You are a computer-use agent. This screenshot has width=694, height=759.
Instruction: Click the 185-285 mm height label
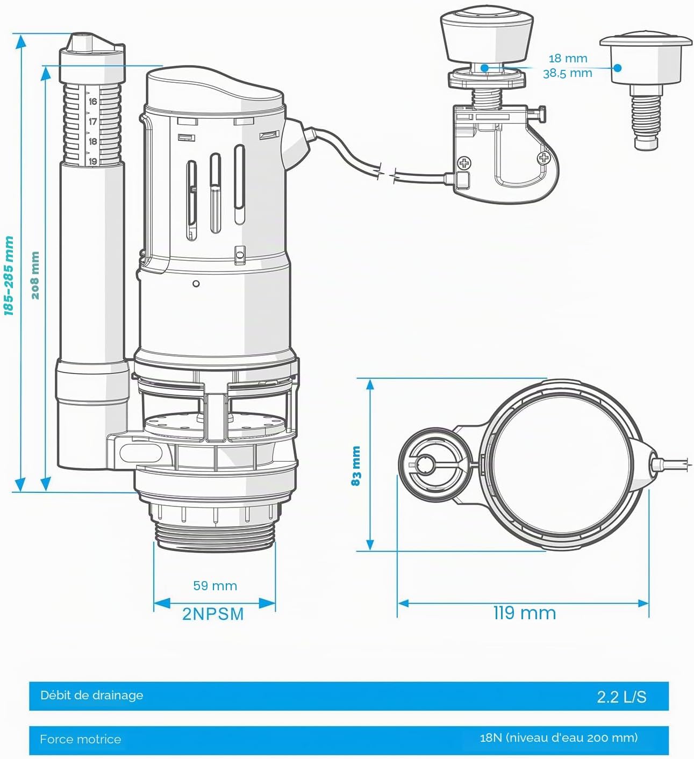click(9, 275)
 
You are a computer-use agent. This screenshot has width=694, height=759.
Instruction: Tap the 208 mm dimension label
click(35, 275)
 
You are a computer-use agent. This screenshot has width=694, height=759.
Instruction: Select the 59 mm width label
click(215, 586)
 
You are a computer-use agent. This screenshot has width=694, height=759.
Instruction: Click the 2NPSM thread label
click(213, 614)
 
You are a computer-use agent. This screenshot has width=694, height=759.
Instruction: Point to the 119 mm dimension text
click(525, 613)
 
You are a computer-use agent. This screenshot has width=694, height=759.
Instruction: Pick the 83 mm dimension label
click(356, 466)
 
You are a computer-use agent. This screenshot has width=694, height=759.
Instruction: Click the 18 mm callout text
click(568, 59)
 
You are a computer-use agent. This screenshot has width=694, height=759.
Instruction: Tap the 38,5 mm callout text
click(568, 73)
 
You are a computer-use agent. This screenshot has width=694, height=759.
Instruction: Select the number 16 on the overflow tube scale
click(92, 102)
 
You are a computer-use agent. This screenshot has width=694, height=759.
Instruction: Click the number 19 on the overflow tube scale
click(92, 161)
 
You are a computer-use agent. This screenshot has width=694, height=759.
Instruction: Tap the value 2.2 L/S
click(622, 697)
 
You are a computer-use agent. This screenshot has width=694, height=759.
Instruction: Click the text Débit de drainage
click(91, 696)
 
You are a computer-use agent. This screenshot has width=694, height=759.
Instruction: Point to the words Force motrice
click(80, 739)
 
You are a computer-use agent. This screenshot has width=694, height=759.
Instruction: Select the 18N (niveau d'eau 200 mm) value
click(559, 737)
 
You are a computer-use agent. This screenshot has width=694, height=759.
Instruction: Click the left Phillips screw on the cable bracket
click(464, 163)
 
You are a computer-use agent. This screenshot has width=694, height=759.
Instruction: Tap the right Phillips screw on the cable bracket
click(544, 158)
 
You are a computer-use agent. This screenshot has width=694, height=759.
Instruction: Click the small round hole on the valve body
click(196, 283)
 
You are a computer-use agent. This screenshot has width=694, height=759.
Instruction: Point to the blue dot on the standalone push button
click(618, 68)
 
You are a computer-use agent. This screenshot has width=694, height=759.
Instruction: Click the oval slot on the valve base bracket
click(141, 453)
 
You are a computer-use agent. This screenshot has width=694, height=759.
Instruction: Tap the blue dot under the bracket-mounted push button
click(484, 68)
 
